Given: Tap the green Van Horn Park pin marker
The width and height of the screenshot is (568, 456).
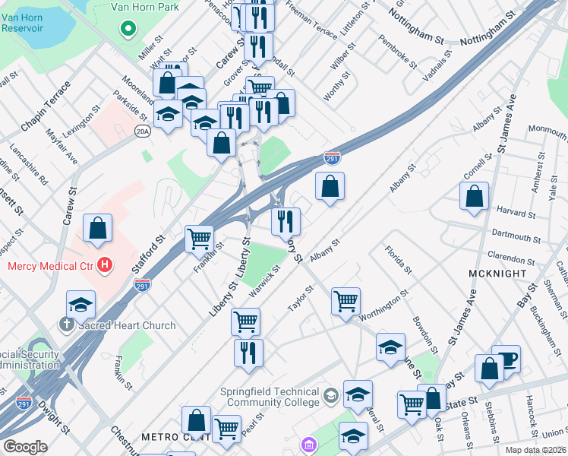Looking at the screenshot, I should pyautogui.click(x=128, y=30).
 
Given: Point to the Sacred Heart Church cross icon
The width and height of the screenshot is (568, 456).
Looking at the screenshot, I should pyautogui.click(x=65, y=325).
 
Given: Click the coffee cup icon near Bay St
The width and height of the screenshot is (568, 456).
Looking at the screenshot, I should pyautogui.click(x=506, y=359).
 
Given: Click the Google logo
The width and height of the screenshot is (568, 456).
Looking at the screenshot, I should pyautogui.click(x=25, y=447).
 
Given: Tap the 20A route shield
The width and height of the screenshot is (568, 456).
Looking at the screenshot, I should pyautogui.click(x=142, y=131).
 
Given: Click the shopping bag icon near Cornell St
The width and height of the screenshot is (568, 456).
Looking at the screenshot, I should pyautogui.click(x=474, y=196).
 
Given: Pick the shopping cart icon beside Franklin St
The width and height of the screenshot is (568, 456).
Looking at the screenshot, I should pyautogui.click(x=199, y=238).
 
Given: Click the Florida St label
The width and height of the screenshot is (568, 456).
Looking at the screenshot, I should pyautogui.click(x=398, y=260).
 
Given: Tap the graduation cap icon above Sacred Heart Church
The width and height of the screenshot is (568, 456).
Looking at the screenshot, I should pyautogui.click(x=81, y=304).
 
